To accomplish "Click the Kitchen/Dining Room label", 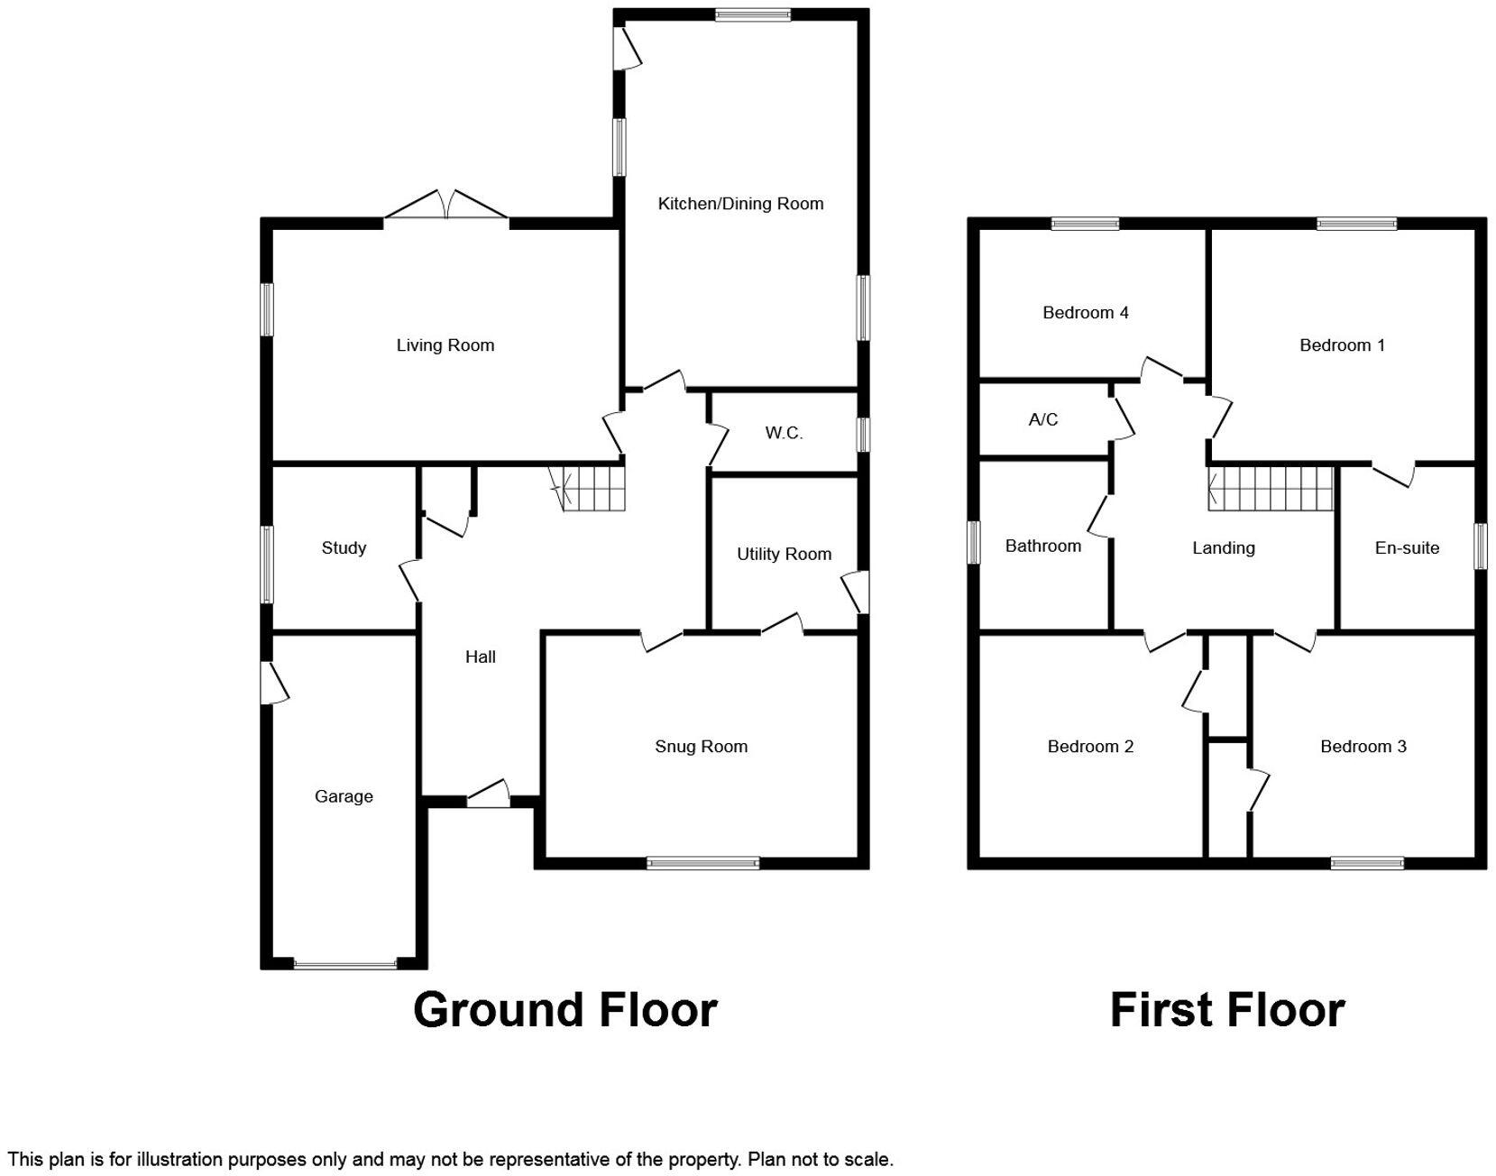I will click(740, 204).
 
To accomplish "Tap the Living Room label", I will click(445, 345).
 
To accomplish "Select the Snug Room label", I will click(701, 747).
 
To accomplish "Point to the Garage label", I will click(344, 796).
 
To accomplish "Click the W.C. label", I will click(784, 433).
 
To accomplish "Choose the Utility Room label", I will click(784, 554).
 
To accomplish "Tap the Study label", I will click(344, 548).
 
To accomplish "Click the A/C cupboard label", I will click(1042, 420).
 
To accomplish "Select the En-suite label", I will click(1407, 548).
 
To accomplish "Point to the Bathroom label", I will click(1042, 546).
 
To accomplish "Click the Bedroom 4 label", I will click(1085, 313).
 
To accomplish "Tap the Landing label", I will click(1223, 548).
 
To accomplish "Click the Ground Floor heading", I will click(565, 1009).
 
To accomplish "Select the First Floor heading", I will click(1227, 1009).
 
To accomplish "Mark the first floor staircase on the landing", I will click(1271, 488).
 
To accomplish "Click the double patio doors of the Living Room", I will click(445, 207).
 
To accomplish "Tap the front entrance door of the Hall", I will click(488, 795).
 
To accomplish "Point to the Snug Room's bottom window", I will click(702, 863).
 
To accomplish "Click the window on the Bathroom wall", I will click(974, 543).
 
